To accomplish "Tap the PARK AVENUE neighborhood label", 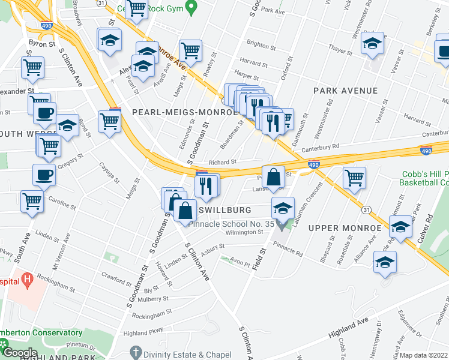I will coord(345,91).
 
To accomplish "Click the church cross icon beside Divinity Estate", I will coord(136,353).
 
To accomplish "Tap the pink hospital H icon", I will coord(26,279).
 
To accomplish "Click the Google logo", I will coord(19,353).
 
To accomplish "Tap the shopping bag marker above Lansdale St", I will coord(273,177).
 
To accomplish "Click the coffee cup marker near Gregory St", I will coord(44,175).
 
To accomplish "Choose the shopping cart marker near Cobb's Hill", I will coord(355,177).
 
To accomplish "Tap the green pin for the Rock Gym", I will coord(192,8).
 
